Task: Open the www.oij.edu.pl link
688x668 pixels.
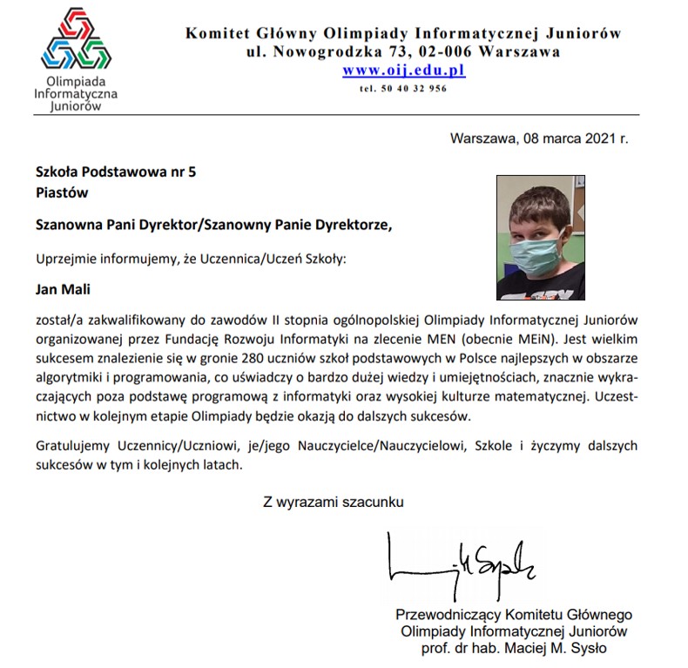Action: [403, 71]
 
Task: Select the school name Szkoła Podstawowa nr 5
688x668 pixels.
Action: [115, 172]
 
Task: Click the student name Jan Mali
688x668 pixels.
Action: [62, 288]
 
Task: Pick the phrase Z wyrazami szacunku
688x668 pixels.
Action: [334, 502]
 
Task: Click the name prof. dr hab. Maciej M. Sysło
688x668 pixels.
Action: [514, 648]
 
